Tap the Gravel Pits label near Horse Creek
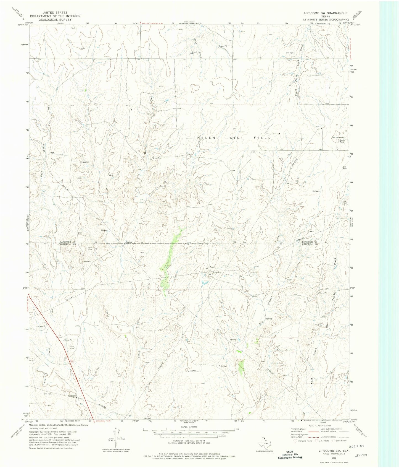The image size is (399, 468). click(x=156, y=158)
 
